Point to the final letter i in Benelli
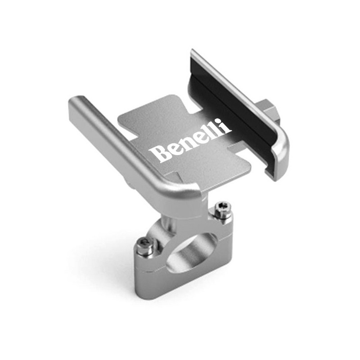point(228,126)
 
